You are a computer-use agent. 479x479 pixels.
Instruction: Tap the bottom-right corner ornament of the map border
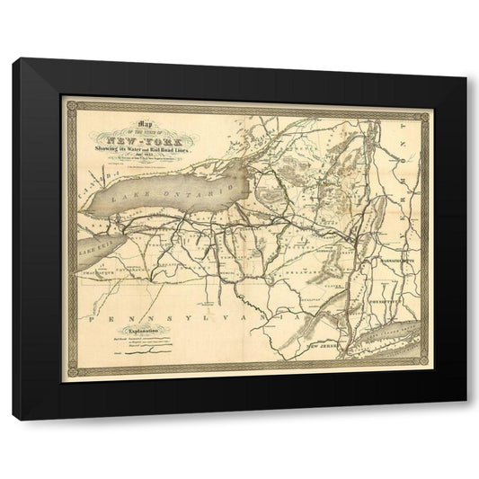pos(426,369)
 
